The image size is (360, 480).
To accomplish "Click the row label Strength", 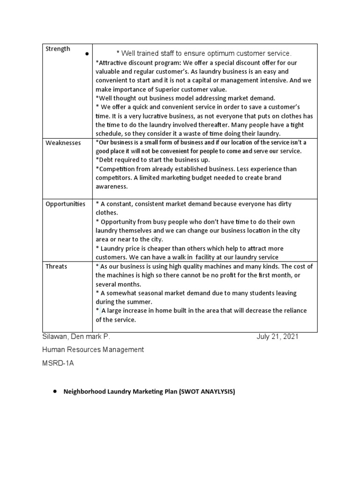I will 58,49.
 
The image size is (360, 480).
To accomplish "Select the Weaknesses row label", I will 63,142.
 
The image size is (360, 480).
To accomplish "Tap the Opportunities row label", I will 65,204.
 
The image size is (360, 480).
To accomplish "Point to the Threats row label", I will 56,266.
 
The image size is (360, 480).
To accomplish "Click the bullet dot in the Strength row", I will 87,54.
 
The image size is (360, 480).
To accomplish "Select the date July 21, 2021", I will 277,337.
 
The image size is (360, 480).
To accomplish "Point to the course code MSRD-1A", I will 58,362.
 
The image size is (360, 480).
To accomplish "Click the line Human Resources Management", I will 93,349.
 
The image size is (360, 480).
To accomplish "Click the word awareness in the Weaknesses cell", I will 111,186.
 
